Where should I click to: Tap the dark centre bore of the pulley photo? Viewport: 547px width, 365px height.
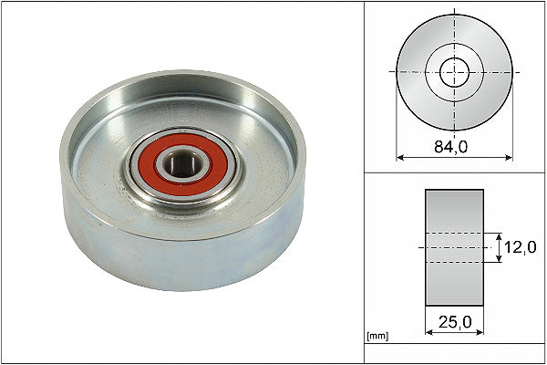[x=180, y=164]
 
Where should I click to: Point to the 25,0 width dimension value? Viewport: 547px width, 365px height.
[x=453, y=322]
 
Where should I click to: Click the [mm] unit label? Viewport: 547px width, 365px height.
[x=377, y=336]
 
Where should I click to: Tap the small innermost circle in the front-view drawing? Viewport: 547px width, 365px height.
[x=453, y=71]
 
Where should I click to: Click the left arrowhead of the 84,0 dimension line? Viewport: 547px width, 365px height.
[x=399, y=157]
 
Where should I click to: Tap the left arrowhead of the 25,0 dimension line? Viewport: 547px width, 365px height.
[x=428, y=333]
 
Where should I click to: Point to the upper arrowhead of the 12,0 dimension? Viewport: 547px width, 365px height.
[x=499, y=235]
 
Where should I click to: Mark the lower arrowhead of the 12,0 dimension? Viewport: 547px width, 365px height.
[x=499, y=261]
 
